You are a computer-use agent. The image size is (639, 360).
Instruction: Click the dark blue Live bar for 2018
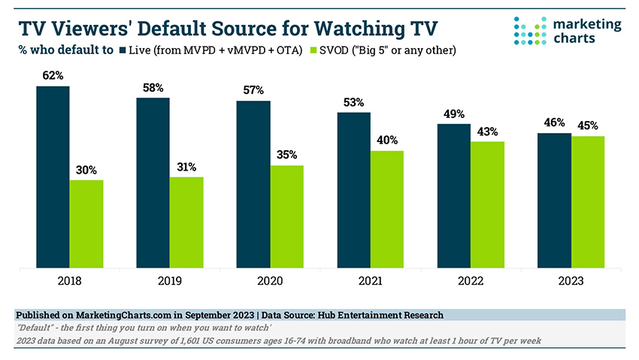tap(53, 177)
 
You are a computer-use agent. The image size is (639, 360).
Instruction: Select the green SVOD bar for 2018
tap(86, 223)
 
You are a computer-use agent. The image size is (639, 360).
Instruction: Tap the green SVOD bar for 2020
tap(286, 216)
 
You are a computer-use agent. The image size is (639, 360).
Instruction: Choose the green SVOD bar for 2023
tap(587, 201)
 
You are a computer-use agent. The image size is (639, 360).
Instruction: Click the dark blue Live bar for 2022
tap(453, 195)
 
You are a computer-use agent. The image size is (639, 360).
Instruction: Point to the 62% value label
tap(53, 76)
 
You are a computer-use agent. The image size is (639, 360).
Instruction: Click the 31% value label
tap(186, 167)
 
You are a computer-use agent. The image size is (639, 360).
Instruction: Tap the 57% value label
tap(253, 90)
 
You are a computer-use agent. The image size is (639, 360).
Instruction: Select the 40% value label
tap(386, 141)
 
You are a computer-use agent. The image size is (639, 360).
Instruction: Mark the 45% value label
tap(587, 126)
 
